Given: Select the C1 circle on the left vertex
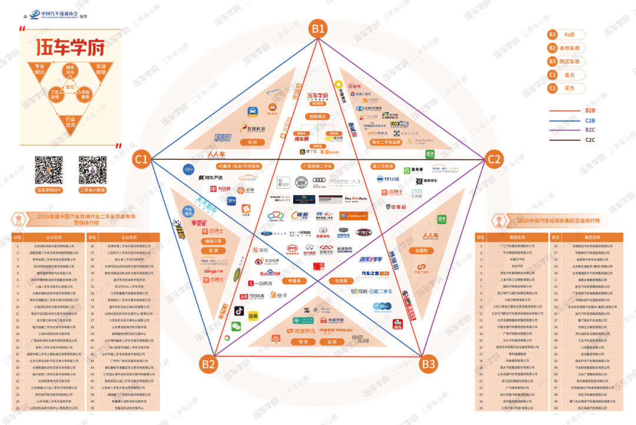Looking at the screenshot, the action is (142, 159).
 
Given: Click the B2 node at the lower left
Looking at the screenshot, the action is (208, 363).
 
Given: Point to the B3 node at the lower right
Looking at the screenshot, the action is (429, 363).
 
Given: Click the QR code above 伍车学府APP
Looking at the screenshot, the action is (49, 170).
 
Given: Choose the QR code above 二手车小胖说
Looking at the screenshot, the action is (92, 170).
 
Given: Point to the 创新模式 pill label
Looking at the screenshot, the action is (318, 117).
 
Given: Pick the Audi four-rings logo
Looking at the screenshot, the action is (319, 182).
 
